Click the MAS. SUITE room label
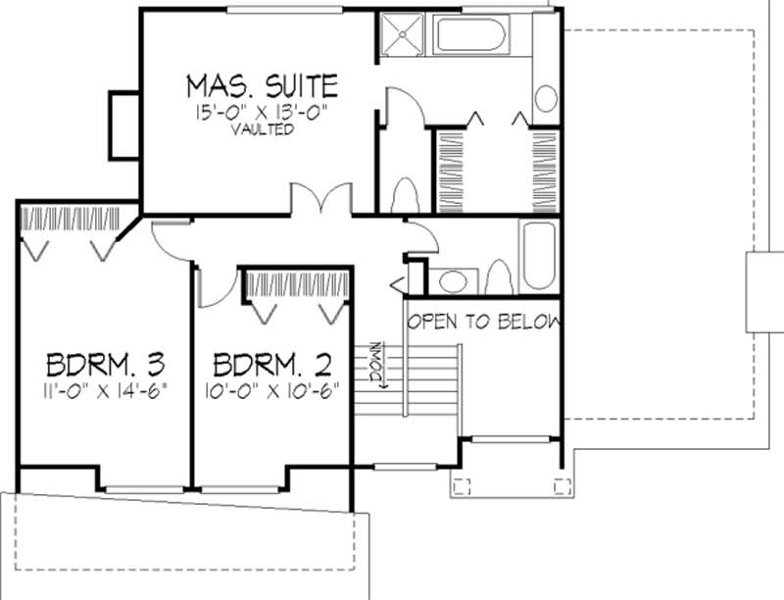click(x=262, y=85)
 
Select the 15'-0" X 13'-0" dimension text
click(x=262, y=112)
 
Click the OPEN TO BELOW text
click(x=484, y=322)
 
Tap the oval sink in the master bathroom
click(x=546, y=98)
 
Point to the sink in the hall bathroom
click(x=453, y=282)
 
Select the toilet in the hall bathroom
click(x=497, y=278)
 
